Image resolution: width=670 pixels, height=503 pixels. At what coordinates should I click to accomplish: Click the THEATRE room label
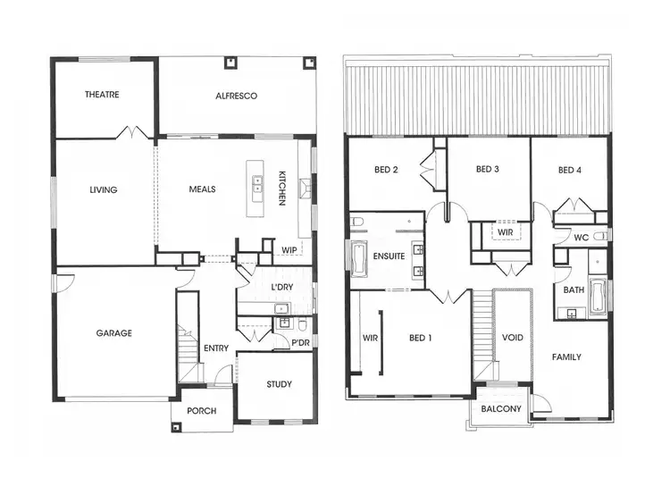(103, 95)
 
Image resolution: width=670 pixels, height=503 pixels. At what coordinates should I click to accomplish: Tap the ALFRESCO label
(236, 95)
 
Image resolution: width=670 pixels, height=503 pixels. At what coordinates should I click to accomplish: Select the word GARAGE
(114, 333)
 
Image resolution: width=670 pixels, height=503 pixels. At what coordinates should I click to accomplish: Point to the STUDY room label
(279, 384)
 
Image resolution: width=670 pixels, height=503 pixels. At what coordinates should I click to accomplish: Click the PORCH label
(201, 411)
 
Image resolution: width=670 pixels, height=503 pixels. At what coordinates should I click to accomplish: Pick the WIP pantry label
(289, 250)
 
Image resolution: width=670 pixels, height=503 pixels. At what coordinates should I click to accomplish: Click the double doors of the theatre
(133, 133)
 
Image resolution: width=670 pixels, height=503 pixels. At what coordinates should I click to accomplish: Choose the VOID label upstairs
(512, 338)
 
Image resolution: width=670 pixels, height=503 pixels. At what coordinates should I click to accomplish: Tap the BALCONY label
(501, 409)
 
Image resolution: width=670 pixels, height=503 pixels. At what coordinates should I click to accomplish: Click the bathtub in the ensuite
(359, 260)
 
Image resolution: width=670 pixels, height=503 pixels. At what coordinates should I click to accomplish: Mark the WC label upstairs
(582, 238)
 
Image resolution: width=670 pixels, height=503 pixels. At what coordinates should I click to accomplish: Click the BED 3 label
(487, 170)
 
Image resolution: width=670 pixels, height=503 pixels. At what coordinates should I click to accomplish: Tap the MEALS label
(202, 189)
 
